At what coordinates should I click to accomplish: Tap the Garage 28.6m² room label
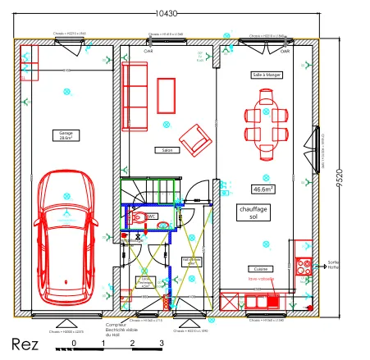tap(66, 136)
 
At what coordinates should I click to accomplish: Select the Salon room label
tap(166, 150)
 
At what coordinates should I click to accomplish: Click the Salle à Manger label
tap(264, 75)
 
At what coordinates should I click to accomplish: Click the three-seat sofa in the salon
tap(134, 91)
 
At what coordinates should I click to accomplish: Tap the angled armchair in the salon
tap(195, 139)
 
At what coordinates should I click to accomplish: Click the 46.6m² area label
tap(263, 189)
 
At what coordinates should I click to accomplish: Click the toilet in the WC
tap(139, 217)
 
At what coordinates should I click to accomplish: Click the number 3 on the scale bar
tap(162, 342)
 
